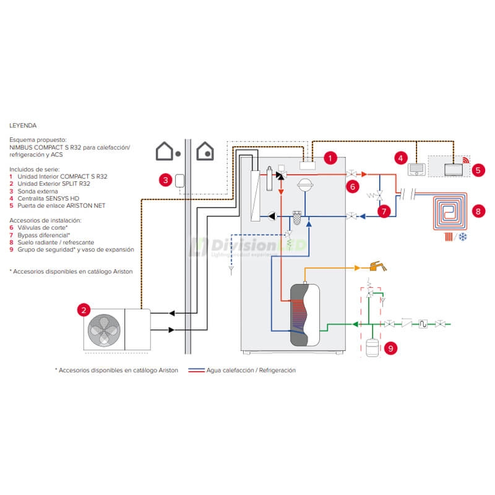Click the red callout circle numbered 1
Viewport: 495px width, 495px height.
click(x=331, y=158)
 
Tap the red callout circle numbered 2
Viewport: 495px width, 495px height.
click(x=84, y=309)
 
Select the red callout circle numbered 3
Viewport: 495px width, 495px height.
click(x=165, y=180)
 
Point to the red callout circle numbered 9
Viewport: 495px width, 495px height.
click(x=390, y=348)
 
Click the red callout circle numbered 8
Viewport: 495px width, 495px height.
click(x=476, y=210)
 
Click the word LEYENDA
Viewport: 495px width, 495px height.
click(x=23, y=124)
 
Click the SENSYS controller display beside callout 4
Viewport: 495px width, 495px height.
click(x=417, y=168)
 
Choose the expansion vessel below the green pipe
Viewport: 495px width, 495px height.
click(x=372, y=347)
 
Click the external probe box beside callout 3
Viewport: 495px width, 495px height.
click(x=180, y=180)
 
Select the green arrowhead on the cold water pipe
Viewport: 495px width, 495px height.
click(x=355, y=324)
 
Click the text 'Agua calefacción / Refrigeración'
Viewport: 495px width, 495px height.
click(x=251, y=370)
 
